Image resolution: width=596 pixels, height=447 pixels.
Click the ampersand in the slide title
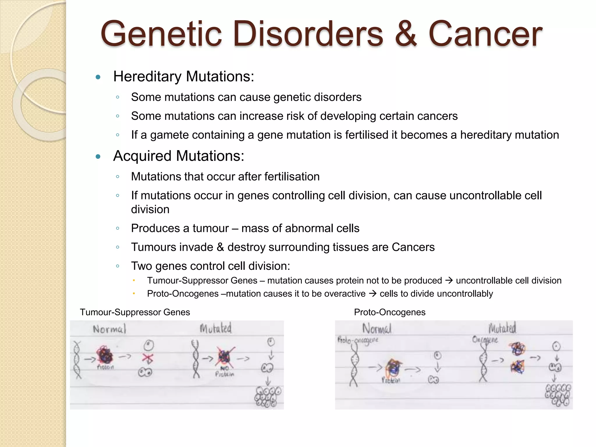[x=406, y=34]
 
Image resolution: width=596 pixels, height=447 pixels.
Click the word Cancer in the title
[x=485, y=34]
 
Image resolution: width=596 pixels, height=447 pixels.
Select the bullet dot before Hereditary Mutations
[x=98, y=77]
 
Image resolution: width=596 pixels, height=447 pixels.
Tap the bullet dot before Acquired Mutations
[x=98, y=157]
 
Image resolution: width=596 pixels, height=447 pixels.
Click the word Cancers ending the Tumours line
[x=413, y=247]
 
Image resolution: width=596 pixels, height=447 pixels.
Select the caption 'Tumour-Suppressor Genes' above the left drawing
[x=135, y=312]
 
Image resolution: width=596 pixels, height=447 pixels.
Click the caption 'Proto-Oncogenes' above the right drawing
[x=390, y=312]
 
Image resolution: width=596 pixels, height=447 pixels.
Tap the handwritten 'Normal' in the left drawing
[x=109, y=329]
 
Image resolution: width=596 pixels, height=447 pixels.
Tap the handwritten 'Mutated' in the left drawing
[x=216, y=328]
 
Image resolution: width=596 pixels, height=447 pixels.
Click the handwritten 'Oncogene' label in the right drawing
[x=485, y=340]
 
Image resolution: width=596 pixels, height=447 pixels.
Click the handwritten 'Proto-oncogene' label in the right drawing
[x=358, y=340]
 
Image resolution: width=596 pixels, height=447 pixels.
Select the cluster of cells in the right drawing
[x=558, y=395]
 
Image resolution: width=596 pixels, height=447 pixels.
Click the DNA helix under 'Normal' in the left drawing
[x=77, y=360]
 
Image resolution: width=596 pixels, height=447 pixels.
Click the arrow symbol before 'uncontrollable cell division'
[x=449, y=281]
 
